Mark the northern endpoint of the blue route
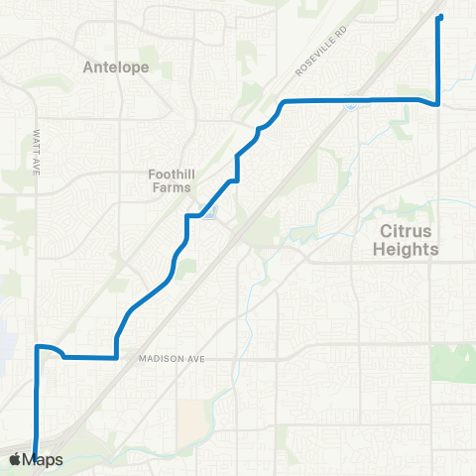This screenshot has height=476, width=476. click(x=439, y=18)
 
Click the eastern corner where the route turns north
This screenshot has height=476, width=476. click(x=438, y=103)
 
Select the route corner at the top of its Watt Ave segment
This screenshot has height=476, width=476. click(x=38, y=347)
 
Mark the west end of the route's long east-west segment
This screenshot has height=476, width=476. click(x=285, y=102)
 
